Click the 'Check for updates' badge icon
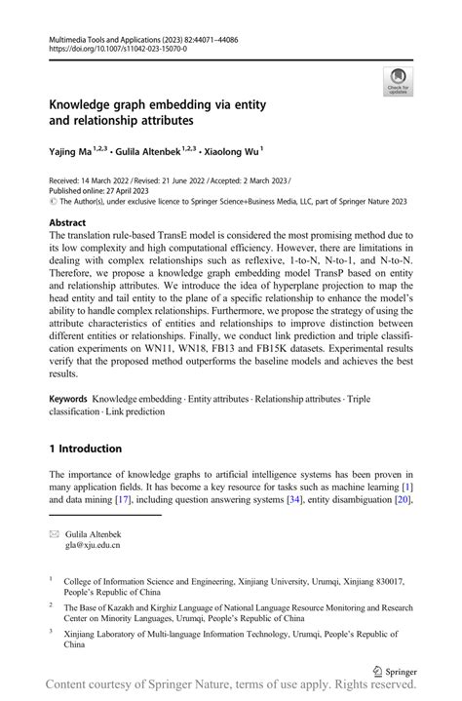[398, 79]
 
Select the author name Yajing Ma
[75, 151]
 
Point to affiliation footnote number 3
[52, 632]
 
